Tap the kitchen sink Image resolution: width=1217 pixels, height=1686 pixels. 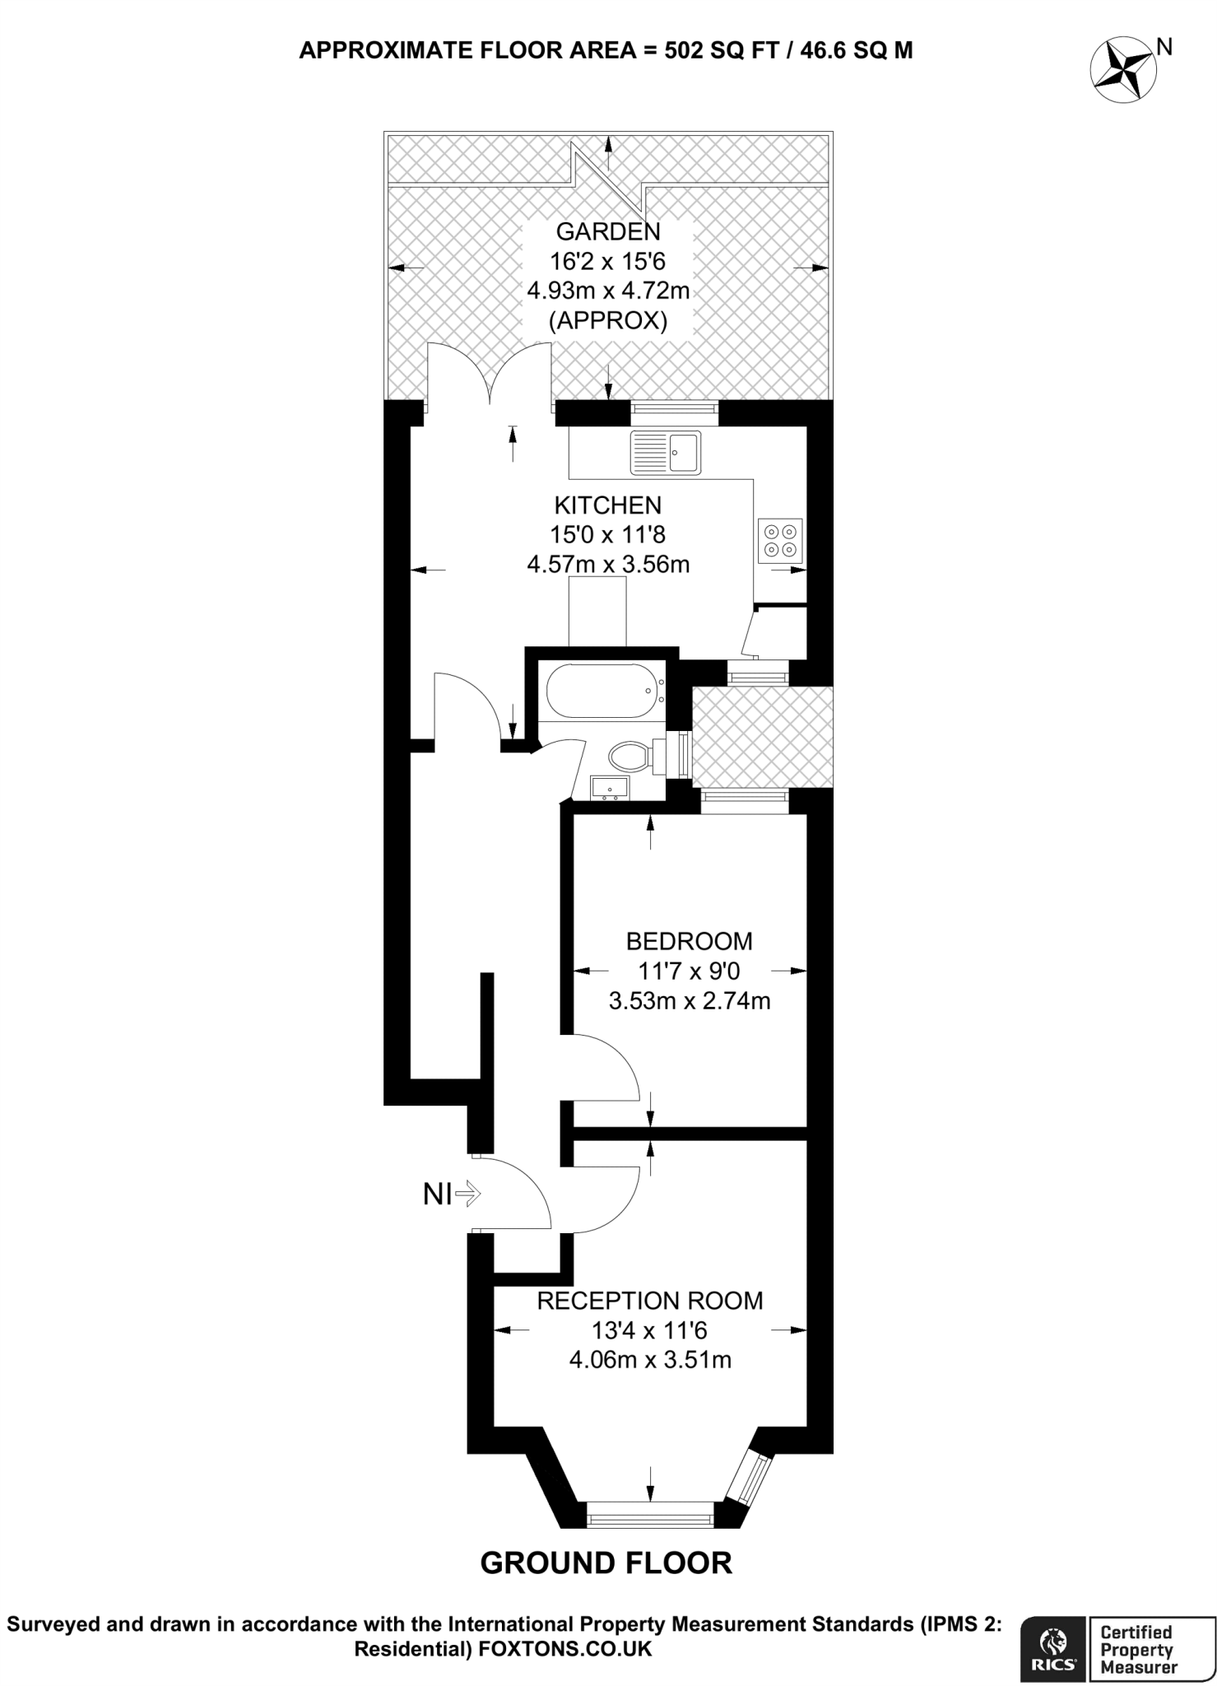(665, 452)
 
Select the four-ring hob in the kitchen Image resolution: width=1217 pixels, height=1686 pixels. (780, 540)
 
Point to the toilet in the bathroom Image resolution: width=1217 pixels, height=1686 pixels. (633, 754)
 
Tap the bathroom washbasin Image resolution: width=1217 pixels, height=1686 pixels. (610, 787)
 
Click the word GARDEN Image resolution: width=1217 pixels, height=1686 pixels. (607, 231)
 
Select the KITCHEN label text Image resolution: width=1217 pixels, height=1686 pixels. (607, 505)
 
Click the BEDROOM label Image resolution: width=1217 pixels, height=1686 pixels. (689, 940)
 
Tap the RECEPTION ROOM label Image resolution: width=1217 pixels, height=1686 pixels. (649, 1301)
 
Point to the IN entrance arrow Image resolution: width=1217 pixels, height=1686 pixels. (452, 1194)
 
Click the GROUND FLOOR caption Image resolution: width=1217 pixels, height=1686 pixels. (606, 1563)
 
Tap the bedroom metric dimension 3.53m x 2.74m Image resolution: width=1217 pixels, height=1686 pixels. (689, 1001)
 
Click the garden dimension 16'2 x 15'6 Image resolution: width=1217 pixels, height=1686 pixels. (607, 262)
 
